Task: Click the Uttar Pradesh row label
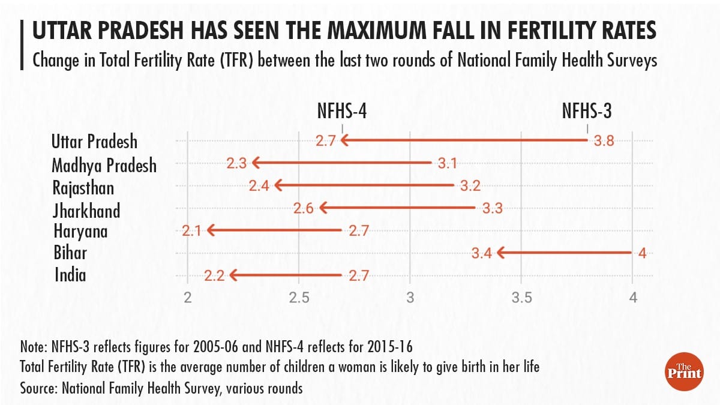[94, 142]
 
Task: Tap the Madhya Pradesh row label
[104, 165]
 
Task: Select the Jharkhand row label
[86, 211]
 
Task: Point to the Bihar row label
[70, 253]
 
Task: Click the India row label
[70, 275]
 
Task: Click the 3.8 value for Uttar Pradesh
[604, 141]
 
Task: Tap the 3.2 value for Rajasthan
[470, 185]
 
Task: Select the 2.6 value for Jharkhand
[304, 208]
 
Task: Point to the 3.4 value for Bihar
[482, 253]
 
